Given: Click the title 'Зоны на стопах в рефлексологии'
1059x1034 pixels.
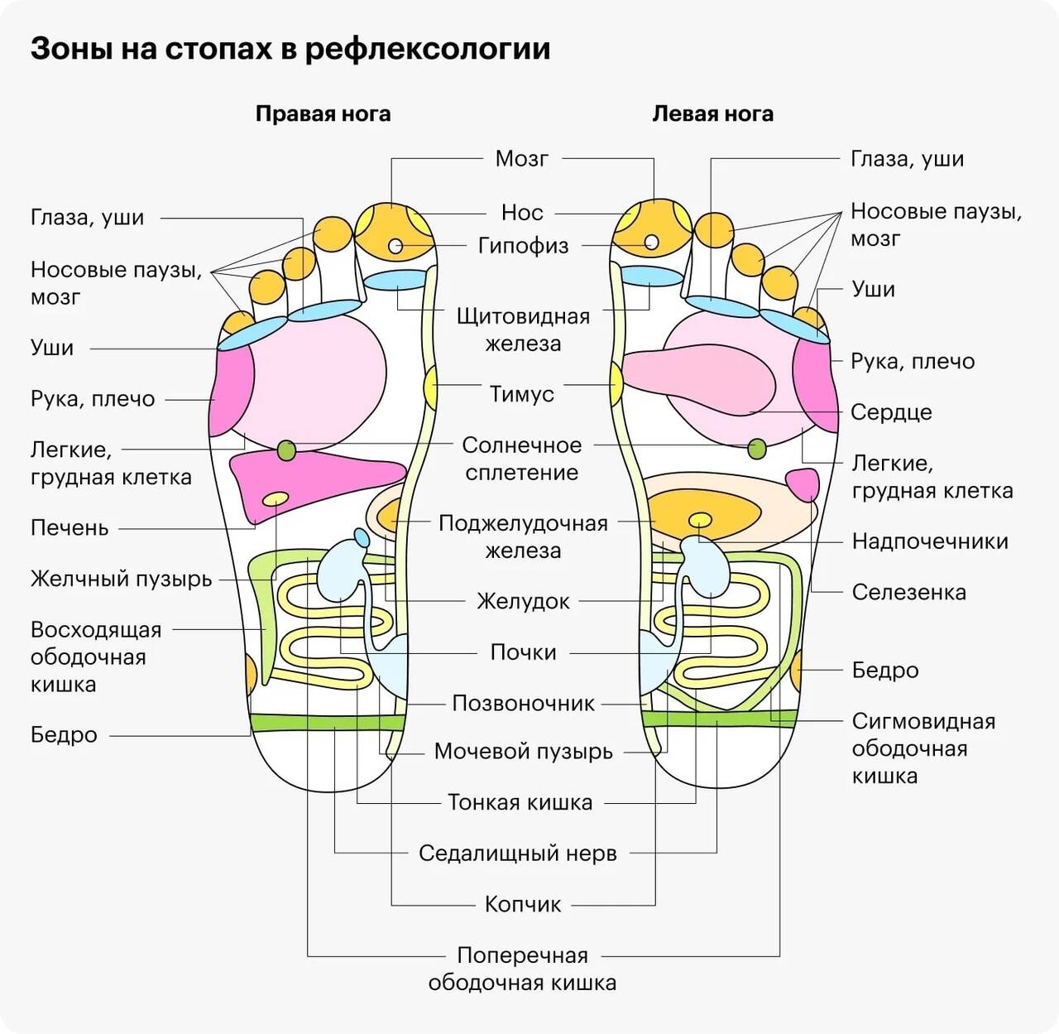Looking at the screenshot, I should (x=290, y=49).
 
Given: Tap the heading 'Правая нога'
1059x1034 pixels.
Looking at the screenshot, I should (x=323, y=114).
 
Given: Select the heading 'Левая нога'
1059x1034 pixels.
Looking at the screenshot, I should (x=712, y=114).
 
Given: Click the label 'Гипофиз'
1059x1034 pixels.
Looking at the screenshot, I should (x=523, y=246).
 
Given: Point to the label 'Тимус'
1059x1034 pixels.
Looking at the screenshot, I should (x=521, y=394).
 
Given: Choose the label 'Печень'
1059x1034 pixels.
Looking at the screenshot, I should (x=69, y=528).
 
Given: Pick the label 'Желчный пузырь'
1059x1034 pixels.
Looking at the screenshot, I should (x=121, y=579).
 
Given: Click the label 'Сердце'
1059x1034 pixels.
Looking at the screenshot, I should (x=891, y=412).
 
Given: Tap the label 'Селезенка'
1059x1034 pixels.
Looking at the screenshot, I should (x=908, y=593).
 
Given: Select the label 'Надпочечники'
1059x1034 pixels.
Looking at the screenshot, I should (x=930, y=541).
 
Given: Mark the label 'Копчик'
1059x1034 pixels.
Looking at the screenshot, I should (x=523, y=904).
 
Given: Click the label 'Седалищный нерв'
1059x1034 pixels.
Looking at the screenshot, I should (x=518, y=854).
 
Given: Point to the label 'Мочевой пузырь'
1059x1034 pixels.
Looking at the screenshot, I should (x=524, y=752).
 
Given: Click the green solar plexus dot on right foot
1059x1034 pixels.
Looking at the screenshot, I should (x=286, y=450).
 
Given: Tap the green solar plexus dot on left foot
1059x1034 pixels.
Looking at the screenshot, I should (x=757, y=450).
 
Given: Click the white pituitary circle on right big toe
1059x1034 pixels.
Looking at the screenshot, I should (x=395, y=246).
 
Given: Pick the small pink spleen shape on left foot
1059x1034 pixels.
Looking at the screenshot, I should (x=802, y=483).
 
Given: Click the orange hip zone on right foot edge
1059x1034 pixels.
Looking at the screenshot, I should (x=249, y=673).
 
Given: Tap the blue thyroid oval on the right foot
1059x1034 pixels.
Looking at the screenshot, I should (x=395, y=279).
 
